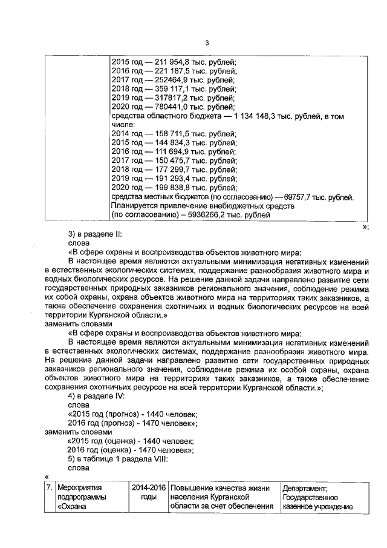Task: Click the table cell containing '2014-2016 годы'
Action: [x=148, y=497]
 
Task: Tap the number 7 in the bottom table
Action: [x=48, y=488]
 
